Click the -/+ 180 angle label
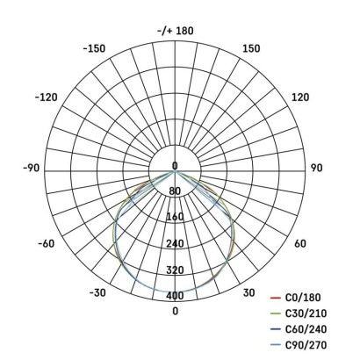click(176, 31)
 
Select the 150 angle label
click(251, 48)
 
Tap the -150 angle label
click(94, 48)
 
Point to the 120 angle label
click(300, 97)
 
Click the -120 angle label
click(47, 97)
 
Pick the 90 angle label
click(317, 168)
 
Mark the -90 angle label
click(31, 168)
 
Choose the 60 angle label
click(300, 243)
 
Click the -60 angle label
click(47, 243)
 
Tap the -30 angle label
click(97, 292)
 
